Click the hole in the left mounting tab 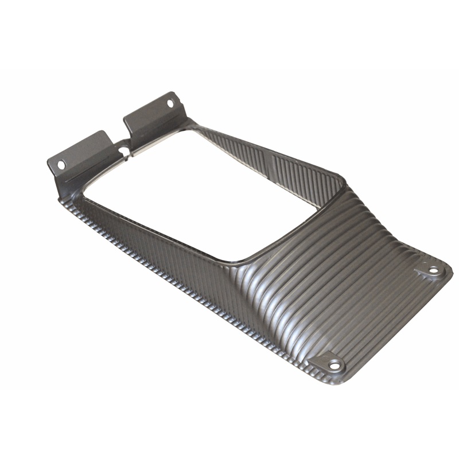click(61, 165)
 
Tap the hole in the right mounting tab click(170, 103)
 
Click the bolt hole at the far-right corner click(433, 270)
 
